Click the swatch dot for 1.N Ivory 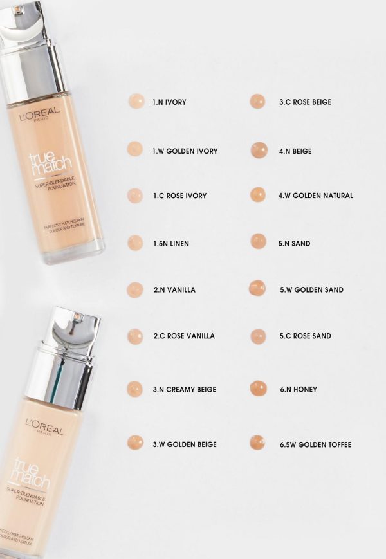(x=136, y=101)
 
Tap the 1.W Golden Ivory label (x=185, y=151)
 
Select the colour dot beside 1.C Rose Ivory (x=135, y=196)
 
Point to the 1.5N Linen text (x=171, y=244)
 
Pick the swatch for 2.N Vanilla (x=134, y=290)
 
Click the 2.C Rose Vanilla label (x=184, y=336)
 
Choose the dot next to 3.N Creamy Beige (x=134, y=389)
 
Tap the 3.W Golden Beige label (x=185, y=444)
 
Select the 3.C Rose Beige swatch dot (x=257, y=101)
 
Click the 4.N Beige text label (x=295, y=151)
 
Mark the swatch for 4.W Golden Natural (x=258, y=195)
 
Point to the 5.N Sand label (x=295, y=244)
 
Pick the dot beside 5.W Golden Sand (x=257, y=288)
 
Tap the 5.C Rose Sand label (x=306, y=336)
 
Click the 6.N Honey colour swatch (x=259, y=389)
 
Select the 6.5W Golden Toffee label (x=316, y=444)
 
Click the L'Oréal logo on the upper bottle (x=39, y=114)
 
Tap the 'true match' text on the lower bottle (x=31, y=475)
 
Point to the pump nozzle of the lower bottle (x=78, y=317)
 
